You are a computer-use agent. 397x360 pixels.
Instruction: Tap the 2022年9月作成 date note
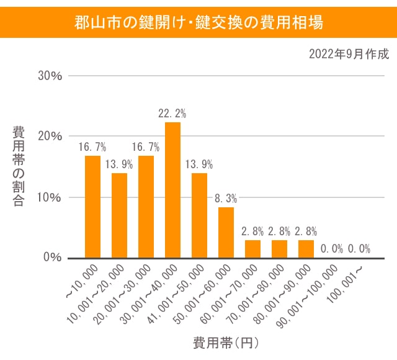tap(349, 54)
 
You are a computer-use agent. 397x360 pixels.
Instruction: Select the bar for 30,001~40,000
tap(172, 189)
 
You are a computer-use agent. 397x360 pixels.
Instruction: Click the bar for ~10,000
tap(92, 206)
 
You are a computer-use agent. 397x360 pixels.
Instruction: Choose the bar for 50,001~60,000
tap(226, 232)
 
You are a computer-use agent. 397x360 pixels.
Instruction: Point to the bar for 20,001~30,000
tap(146, 206)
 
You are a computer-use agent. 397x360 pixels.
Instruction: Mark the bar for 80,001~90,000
tap(306, 248)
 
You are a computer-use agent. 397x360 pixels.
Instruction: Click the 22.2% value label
tap(172, 114)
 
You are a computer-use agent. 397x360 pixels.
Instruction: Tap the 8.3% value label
tap(226, 199)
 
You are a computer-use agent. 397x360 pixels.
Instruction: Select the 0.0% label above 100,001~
tap(359, 249)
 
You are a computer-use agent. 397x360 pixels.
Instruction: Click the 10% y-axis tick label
tap(50, 197)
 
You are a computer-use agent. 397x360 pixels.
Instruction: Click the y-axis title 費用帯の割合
tap(19, 166)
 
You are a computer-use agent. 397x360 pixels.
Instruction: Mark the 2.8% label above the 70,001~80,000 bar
tap(279, 232)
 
